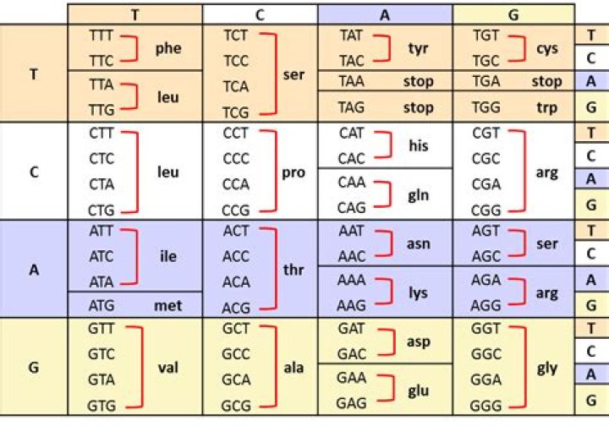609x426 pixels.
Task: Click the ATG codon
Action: pos(101,306)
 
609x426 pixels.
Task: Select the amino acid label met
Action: pos(168,306)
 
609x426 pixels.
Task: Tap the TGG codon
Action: pos(486,107)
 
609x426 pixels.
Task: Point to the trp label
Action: pos(547,107)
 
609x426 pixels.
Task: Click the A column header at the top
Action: pos(385,14)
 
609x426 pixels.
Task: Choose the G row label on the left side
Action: pos(34,367)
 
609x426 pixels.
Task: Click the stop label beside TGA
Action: pos(547,81)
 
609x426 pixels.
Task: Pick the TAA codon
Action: pos(352,81)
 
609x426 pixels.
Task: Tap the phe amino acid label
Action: pos(168,48)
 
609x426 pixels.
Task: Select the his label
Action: pos(419,146)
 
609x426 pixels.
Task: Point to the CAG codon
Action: pos(352,208)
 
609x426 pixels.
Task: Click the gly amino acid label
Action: pos(547,368)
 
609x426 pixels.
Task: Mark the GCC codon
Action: pos(236,354)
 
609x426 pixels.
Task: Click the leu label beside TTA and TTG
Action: pos(168,97)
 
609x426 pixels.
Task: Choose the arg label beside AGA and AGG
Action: pos(547,293)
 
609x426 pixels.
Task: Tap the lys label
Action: pos(419,293)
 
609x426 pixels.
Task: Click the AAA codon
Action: pos(352,280)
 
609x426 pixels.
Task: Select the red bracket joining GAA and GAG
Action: pos(392,388)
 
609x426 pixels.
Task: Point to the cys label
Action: pos(547,49)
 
